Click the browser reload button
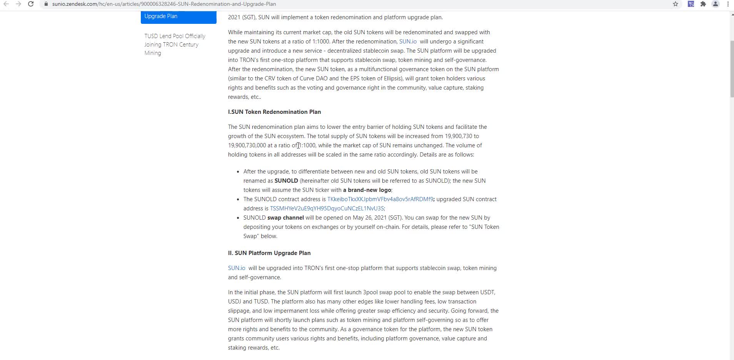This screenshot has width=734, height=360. click(x=31, y=4)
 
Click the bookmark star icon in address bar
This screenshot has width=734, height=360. click(x=676, y=4)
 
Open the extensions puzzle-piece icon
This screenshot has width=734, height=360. click(x=703, y=4)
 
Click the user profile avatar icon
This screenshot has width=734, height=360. click(x=716, y=4)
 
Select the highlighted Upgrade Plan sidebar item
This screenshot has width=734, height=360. click(x=178, y=16)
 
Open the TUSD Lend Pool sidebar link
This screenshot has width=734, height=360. click(x=175, y=44)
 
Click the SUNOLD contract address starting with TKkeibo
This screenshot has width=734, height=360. click(x=380, y=199)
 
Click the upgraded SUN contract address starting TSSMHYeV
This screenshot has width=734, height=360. click(x=327, y=208)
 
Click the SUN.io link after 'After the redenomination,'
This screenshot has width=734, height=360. click(x=408, y=42)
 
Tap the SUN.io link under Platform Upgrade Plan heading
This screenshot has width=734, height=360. click(x=237, y=268)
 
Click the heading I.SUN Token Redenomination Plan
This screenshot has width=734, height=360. click(x=274, y=112)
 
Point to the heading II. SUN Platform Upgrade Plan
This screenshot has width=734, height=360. click(x=269, y=253)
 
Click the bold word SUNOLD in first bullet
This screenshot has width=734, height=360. click(x=286, y=181)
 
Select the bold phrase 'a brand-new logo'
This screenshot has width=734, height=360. click(x=367, y=190)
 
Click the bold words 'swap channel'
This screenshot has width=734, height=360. click(x=285, y=218)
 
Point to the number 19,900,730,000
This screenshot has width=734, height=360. click(x=247, y=145)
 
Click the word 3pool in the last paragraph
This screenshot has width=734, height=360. click(x=370, y=292)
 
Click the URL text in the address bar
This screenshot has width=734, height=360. click(x=164, y=4)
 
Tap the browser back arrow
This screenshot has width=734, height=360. click(x=6, y=4)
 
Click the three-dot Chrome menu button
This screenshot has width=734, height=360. click(x=728, y=4)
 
